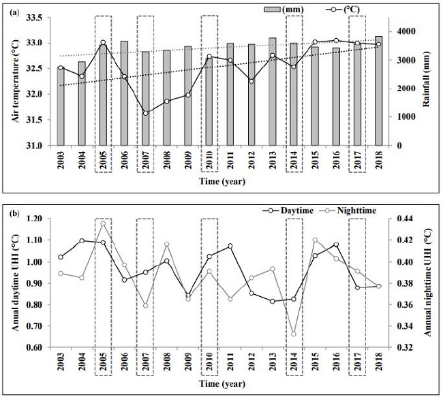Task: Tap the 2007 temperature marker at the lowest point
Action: [x=145, y=113]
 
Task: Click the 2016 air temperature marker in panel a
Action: [x=335, y=40]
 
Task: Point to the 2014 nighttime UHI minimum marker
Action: [x=294, y=334]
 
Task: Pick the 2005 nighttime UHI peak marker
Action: [x=103, y=223]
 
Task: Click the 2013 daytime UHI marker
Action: [x=273, y=301]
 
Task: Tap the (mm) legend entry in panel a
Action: [x=284, y=9]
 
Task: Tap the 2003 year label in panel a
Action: [x=61, y=162]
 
